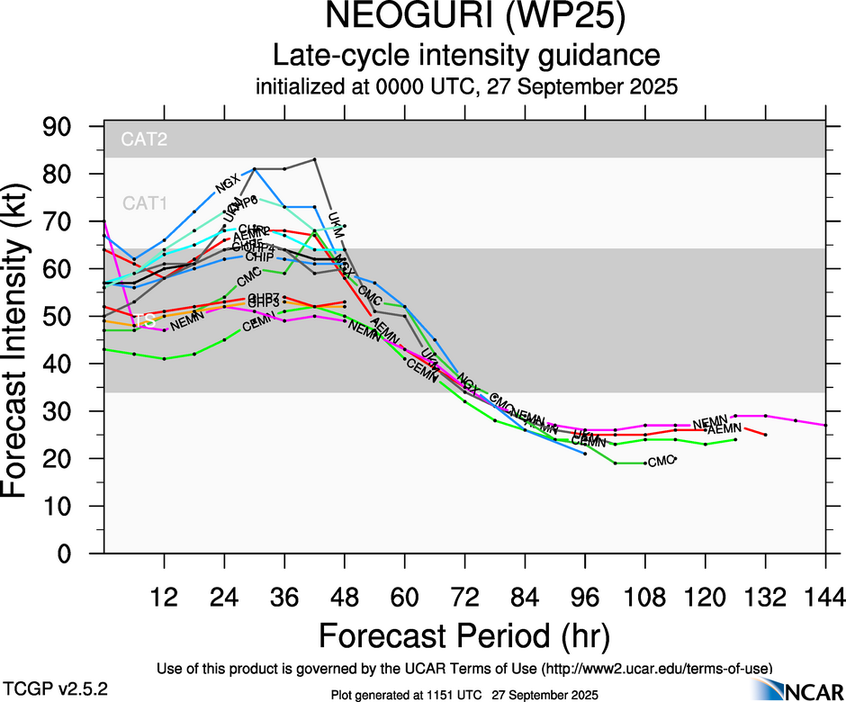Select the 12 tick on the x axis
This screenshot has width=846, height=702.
tap(164, 597)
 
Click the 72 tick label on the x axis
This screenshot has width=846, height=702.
tap(464, 597)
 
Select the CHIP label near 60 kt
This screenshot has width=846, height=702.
tap(259, 257)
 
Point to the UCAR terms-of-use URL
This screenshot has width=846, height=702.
tap(656, 668)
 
